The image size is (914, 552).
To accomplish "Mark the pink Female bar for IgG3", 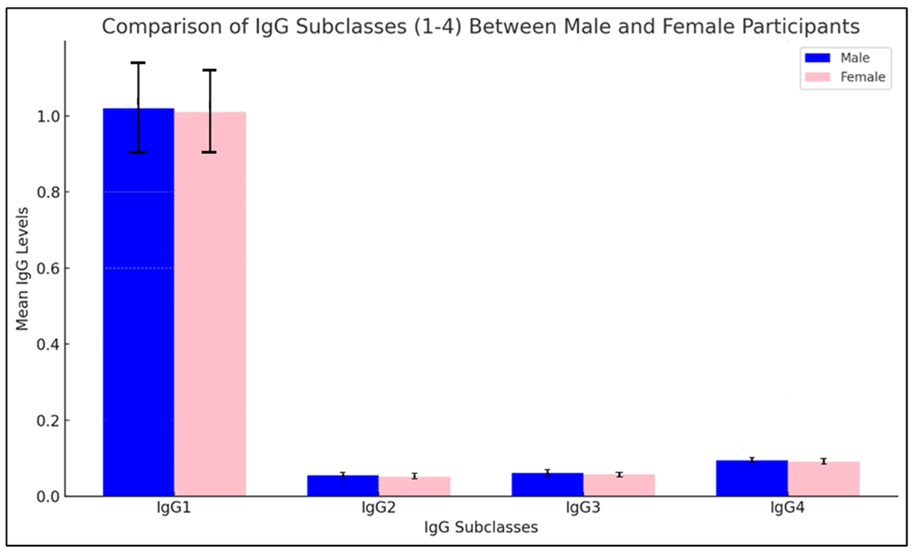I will coord(619,485).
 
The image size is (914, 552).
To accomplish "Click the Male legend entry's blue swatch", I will coord(817,58).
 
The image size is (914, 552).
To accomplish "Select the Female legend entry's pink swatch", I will coord(817,77).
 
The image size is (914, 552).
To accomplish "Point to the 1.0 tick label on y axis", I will coord(48,116).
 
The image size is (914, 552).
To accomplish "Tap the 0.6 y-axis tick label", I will coord(48,268).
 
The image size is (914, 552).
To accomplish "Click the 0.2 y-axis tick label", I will coord(48,421).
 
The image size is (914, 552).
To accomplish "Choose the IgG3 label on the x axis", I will coord(583,507).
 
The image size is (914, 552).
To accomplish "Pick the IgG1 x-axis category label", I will coord(174,507).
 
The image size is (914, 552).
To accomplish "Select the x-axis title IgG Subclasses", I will coord(481,527).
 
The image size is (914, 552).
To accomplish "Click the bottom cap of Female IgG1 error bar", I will coord(210,152).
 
